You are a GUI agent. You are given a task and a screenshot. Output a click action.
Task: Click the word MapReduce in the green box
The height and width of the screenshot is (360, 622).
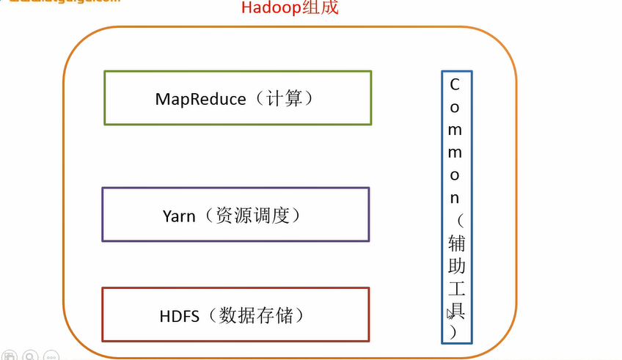tap(200, 98)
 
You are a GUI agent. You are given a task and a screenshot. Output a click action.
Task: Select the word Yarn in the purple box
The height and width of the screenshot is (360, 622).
tap(179, 216)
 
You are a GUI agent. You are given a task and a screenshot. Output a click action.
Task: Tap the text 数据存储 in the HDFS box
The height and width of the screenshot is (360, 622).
tap(261, 316)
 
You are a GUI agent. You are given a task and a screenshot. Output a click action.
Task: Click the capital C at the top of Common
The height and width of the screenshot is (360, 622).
tap(455, 84)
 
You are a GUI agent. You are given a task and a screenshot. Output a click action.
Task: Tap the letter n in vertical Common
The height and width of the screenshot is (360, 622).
tap(455, 198)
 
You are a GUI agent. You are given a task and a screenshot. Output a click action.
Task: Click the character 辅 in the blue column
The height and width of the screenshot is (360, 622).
tap(455, 243)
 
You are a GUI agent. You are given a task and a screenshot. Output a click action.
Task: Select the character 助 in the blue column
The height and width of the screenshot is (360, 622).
tap(455, 265)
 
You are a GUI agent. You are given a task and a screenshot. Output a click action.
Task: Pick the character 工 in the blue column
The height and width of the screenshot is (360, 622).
tap(455, 288)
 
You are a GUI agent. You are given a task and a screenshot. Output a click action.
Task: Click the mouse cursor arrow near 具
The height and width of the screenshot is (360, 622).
tap(450, 314)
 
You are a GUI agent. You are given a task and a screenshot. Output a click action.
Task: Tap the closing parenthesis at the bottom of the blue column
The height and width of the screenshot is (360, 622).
tap(455, 331)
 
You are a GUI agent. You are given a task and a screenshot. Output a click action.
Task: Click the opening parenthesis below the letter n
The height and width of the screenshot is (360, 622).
tap(455, 220)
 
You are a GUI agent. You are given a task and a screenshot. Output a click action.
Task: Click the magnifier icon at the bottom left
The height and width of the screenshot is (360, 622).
tap(30, 356)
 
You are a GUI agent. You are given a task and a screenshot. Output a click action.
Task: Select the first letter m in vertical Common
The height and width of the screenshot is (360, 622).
tap(455, 130)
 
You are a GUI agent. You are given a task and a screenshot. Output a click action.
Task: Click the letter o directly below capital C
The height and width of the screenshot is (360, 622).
tap(455, 107)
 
